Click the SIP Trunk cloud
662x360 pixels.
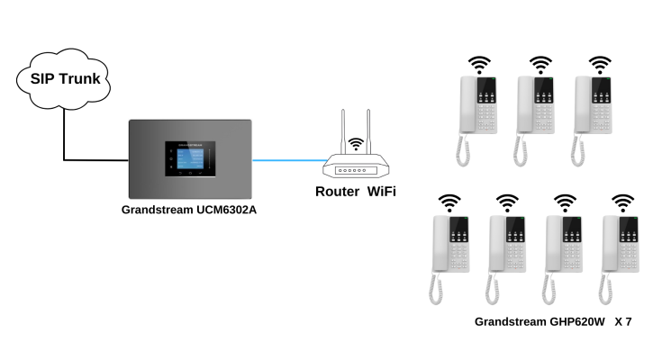click(64, 79)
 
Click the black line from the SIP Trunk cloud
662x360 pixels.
click(65, 135)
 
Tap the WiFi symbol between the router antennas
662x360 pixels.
click(356, 143)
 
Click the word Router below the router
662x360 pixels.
click(338, 191)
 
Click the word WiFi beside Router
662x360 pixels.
click(381, 191)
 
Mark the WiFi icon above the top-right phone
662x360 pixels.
click(599, 65)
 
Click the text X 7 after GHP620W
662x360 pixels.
click(623, 321)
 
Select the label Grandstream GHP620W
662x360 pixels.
click(540, 321)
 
